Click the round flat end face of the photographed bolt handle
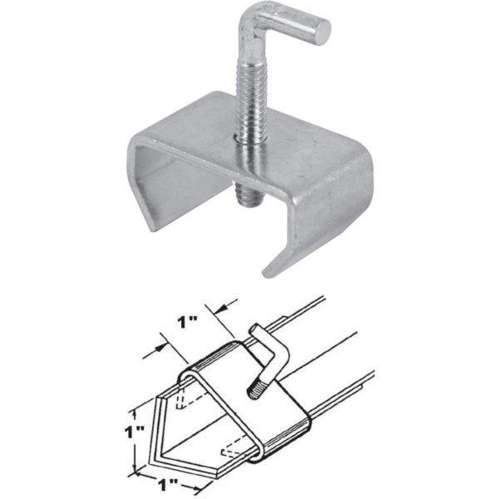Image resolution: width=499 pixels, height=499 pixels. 320,32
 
